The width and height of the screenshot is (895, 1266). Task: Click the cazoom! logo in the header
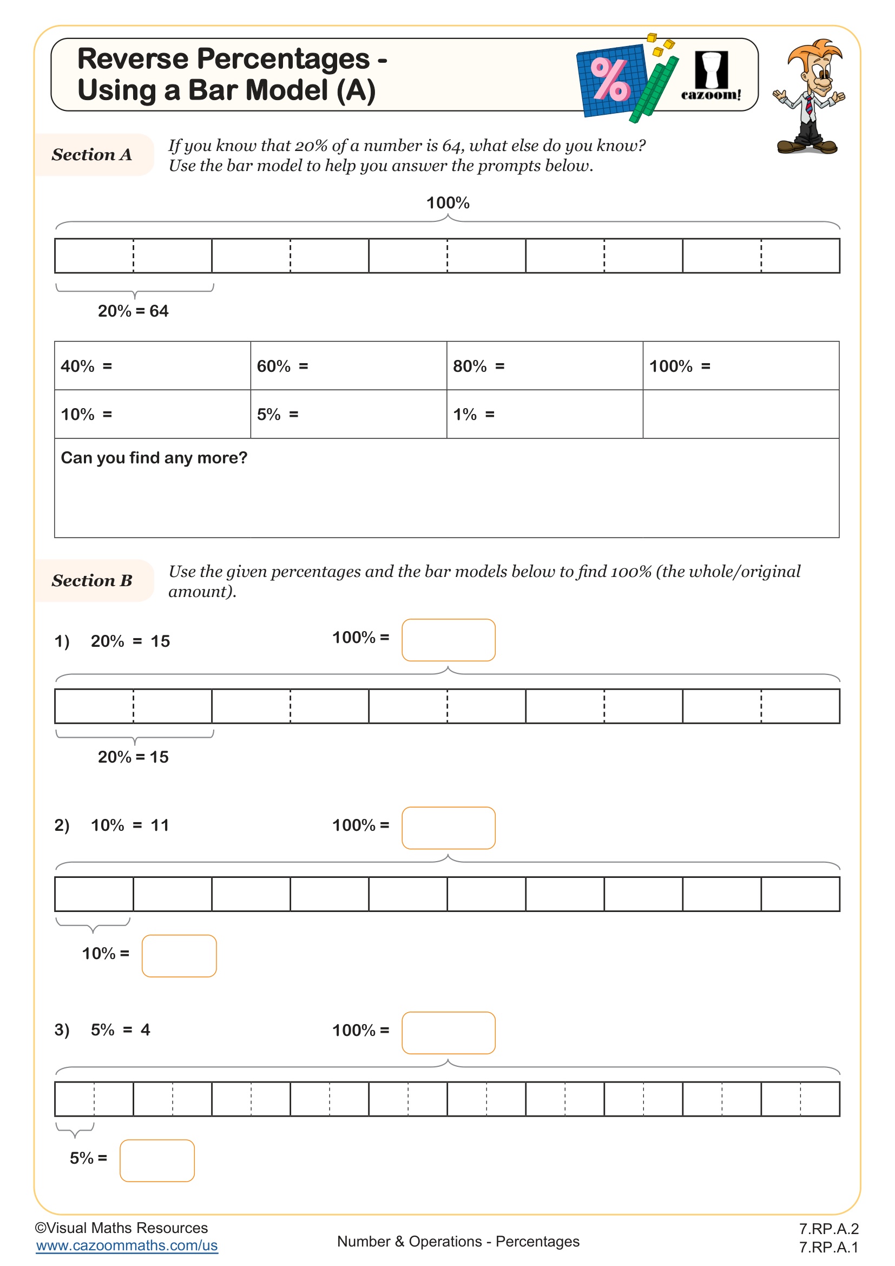(x=711, y=76)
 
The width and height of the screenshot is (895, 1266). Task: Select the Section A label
(x=92, y=155)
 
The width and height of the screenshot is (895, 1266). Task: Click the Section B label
(x=92, y=581)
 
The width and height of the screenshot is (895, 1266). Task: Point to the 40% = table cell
(x=152, y=365)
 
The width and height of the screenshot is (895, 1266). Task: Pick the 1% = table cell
(x=544, y=414)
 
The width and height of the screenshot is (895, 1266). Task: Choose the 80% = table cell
(x=544, y=365)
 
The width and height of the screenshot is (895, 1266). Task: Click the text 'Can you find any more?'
(x=154, y=458)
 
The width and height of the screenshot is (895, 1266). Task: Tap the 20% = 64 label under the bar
(x=133, y=311)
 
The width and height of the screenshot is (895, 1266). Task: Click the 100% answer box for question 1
(x=448, y=640)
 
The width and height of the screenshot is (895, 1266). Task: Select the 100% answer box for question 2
(x=448, y=828)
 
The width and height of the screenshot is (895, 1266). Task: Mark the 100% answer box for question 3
(x=448, y=1033)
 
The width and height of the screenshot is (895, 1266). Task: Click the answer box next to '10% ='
(x=179, y=955)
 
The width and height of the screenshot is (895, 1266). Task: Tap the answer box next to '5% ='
(x=157, y=1160)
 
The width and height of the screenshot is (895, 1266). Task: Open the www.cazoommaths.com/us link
(x=127, y=1245)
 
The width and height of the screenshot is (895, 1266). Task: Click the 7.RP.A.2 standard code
(x=828, y=1229)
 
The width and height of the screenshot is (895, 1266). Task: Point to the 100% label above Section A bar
(x=448, y=203)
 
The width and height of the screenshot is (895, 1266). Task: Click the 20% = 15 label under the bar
(x=133, y=757)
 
